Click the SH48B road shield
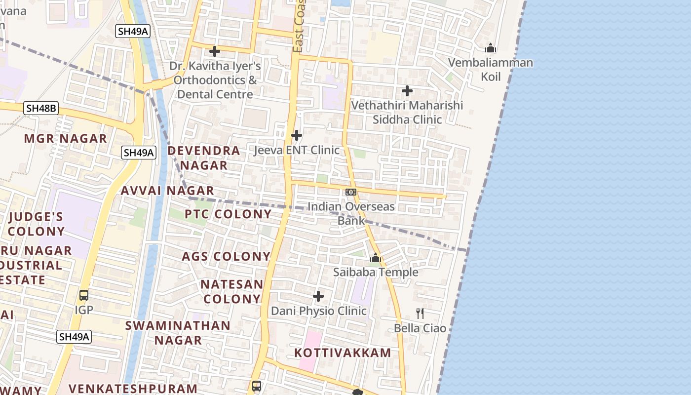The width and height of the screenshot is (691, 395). tap(41, 108)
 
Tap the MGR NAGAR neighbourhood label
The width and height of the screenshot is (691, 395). tap(66, 139)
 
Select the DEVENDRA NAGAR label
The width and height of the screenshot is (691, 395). tap(204, 158)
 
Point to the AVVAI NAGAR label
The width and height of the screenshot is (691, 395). tap(167, 191)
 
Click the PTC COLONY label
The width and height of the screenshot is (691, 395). tap(228, 214)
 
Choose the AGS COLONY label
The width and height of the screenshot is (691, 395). tap(226, 257)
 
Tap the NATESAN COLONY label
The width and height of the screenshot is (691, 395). tap(231, 292)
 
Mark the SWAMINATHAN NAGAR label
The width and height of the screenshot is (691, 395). tap(178, 333)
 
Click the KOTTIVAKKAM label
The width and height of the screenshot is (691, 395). tap(343, 353)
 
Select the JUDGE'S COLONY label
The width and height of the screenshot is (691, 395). tap(36, 224)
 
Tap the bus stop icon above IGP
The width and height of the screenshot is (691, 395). tap(84, 295)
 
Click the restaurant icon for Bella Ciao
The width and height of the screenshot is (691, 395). tap(420, 313)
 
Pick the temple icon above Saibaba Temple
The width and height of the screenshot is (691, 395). tap(376, 258)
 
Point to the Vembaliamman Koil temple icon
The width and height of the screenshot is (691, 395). tap(490, 48)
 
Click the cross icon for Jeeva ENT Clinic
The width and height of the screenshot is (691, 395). tap(297, 135)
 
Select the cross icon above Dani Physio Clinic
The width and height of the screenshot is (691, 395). tap(318, 296)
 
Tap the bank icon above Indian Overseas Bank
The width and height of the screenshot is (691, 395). tap(351, 192)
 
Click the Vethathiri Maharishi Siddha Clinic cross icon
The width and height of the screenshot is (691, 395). tap(407, 90)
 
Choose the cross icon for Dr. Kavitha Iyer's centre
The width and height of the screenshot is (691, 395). tap(215, 51)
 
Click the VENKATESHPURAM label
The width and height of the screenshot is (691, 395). tap(133, 389)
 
